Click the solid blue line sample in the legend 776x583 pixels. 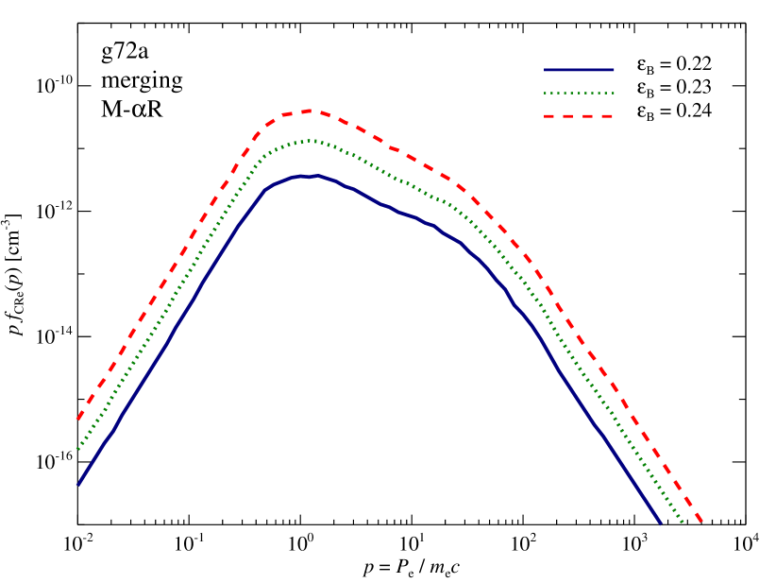point(579,70)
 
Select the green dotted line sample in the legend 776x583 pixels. point(579,94)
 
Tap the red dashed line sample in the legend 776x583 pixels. point(579,116)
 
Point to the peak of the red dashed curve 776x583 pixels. point(312,111)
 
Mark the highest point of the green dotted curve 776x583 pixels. point(310,141)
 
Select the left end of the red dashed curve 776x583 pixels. point(77,419)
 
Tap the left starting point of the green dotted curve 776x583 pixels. point(77,450)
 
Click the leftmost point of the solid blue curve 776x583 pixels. point(77,485)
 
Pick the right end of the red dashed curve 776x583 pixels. point(703,523)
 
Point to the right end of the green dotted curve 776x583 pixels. point(683,523)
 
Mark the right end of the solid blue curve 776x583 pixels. point(661,523)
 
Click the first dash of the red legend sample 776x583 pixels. point(550,116)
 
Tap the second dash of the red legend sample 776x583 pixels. point(569,116)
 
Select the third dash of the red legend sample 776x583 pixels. point(588,116)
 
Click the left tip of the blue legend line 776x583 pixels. point(545,70)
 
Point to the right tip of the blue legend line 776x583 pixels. point(614,70)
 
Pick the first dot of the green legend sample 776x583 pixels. point(546,94)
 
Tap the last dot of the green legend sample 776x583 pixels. point(613,94)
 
